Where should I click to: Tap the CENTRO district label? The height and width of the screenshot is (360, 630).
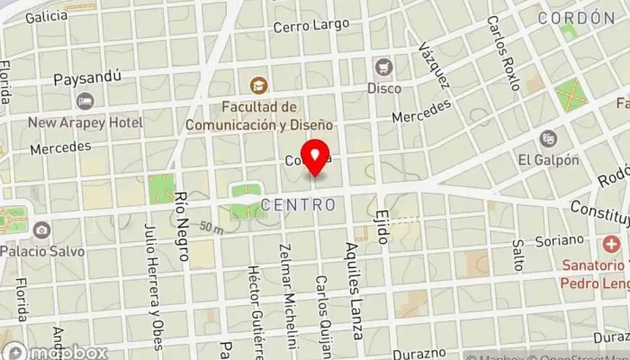(299, 205)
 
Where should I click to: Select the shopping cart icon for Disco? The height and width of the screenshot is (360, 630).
(383, 67)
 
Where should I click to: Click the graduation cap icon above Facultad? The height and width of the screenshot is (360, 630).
(258, 85)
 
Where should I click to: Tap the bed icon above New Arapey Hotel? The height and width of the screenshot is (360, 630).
(85, 101)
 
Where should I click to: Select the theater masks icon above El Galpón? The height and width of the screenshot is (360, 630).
(547, 139)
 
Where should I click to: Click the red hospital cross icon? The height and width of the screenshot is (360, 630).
(612, 244)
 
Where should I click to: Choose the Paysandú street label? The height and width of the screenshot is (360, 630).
(87, 77)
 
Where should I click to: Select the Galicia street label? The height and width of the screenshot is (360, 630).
(47, 17)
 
